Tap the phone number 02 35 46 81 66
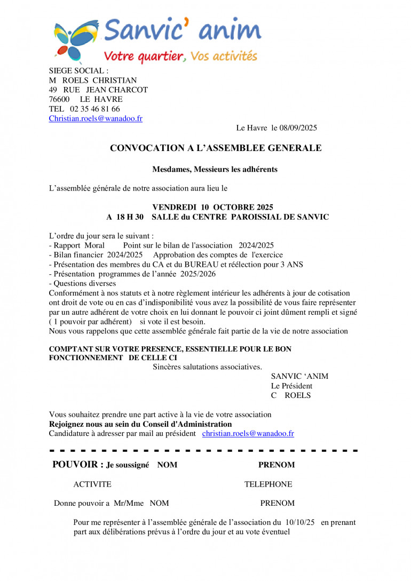[x=95, y=109]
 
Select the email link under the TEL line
[x=96, y=118]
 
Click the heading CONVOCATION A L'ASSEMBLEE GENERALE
[x=216, y=148]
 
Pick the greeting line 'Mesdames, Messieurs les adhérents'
[x=215, y=170]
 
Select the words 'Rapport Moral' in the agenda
[x=79, y=245]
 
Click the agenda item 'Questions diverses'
[x=84, y=284]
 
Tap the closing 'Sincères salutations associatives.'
[x=208, y=367]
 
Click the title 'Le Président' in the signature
[x=291, y=386]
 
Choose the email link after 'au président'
[x=248, y=434]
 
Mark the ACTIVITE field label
[x=92, y=484]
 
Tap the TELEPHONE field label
[x=268, y=484]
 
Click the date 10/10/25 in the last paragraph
[x=301, y=522]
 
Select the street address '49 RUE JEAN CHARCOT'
[x=98, y=90]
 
